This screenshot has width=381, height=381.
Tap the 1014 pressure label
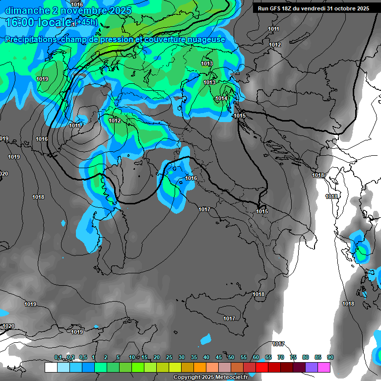[221, 98]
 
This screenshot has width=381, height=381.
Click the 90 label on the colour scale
[330, 357]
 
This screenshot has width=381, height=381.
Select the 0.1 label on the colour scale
[58, 357]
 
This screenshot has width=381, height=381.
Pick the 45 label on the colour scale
[219, 357]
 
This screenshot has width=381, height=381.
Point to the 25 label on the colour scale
[169, 357]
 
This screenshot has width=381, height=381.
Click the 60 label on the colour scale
[256, 357]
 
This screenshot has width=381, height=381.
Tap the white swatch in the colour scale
[51, 367]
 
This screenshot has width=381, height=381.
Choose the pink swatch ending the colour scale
[324, 367]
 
